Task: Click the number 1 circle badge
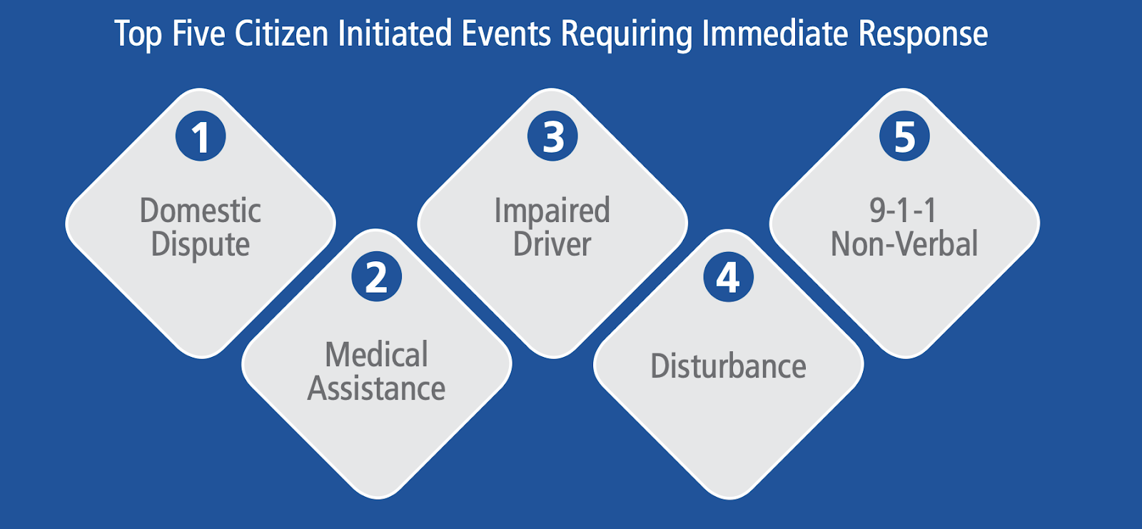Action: pos(201,136)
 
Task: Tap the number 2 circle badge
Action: pos(377,276)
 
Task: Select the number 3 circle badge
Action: pos(552,136)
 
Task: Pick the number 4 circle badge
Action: pos(729,276)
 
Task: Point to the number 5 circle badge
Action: pos(904,136)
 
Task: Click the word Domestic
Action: pos(201,210)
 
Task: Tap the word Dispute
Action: pos(201,245)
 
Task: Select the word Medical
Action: pos(377,354)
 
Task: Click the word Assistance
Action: pos(376,388)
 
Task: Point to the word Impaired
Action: pos(552,211)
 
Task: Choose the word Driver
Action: pos(552,244)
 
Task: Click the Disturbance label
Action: pos(729,366)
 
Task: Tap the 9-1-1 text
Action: pos(903,210)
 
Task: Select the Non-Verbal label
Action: pos(904,244)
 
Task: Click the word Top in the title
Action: pos(138,35)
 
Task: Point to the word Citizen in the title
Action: pos(281,34)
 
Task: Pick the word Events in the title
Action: pos(506,34)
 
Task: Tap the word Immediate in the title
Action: pos(775,34)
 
